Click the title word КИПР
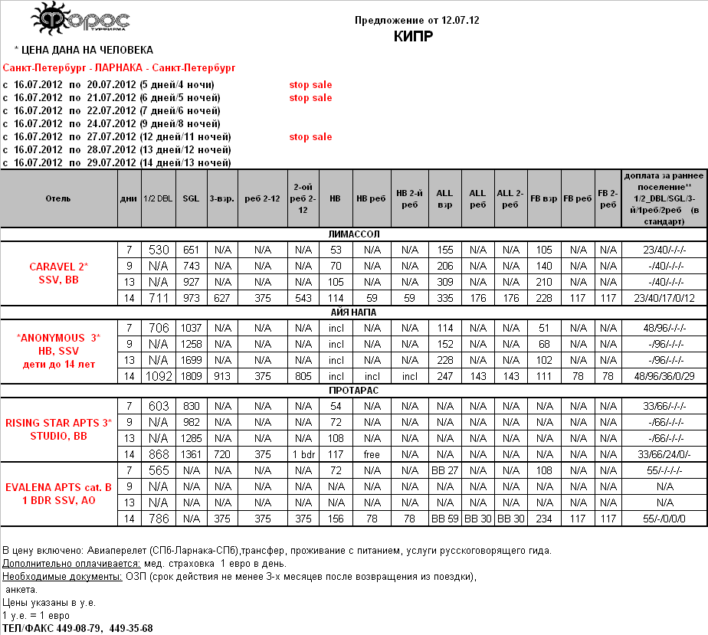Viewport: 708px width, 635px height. click(x=417, y=36)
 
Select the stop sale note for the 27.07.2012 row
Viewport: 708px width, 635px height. click(x=310, y=137)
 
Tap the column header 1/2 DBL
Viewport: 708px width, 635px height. click(x=159, y=198)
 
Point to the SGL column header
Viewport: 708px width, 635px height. click(x=191, y=198)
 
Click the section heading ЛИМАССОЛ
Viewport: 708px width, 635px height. click(x=353, y=234)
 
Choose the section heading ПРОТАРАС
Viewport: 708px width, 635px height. click(x=353, y=391)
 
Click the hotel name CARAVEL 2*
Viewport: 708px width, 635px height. click(x=59, y=267)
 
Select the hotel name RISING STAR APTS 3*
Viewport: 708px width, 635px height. click(x=59, y=423)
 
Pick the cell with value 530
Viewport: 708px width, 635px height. click(x=159, y=250)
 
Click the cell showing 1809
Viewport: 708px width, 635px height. click(x=191, y=377)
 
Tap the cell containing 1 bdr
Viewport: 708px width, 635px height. click(x=303, y=455)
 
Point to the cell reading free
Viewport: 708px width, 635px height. click(x=372, y=455)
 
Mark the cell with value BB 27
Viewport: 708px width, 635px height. click(x=444, y=470)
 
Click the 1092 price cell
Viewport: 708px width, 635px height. click(x=159, y=377)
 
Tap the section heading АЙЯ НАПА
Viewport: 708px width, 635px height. click(x=353, y=313)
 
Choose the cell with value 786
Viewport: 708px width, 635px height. click(x=159, y=519)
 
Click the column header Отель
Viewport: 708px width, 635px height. click(x=58, y=198)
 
